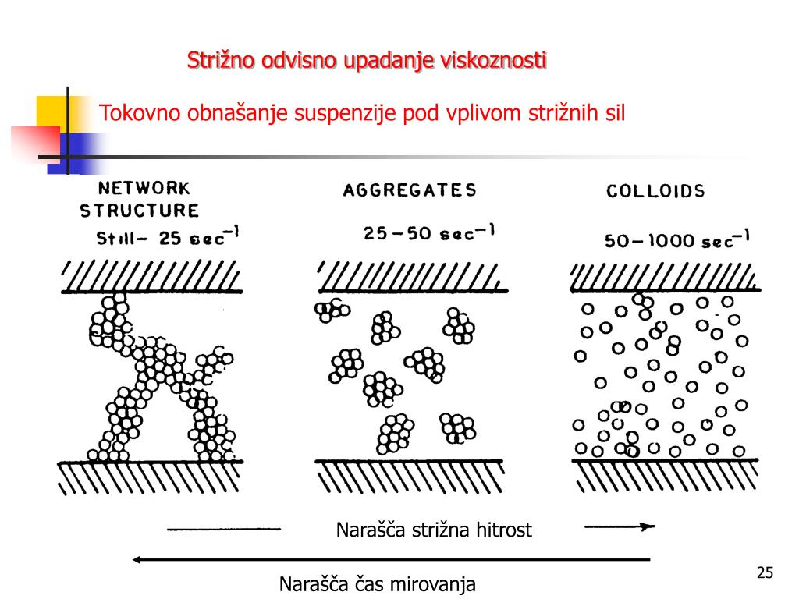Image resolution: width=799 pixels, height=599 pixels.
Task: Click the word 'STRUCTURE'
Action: (140, 211)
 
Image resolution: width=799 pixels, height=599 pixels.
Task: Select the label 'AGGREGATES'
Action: (410, 190)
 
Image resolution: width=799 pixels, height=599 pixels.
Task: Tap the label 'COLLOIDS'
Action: (655, 191)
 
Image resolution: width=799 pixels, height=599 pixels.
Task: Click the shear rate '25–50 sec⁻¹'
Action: (428, 233)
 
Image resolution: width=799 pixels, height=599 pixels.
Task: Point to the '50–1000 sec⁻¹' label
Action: (676, 239)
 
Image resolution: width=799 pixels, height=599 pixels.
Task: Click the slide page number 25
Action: (765, 574)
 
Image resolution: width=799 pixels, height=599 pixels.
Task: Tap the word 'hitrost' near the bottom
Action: (503, 531)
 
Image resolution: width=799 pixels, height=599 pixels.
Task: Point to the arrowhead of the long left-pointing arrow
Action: (137, 559)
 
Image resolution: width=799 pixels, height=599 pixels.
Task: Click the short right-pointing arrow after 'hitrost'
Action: (620, 526)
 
